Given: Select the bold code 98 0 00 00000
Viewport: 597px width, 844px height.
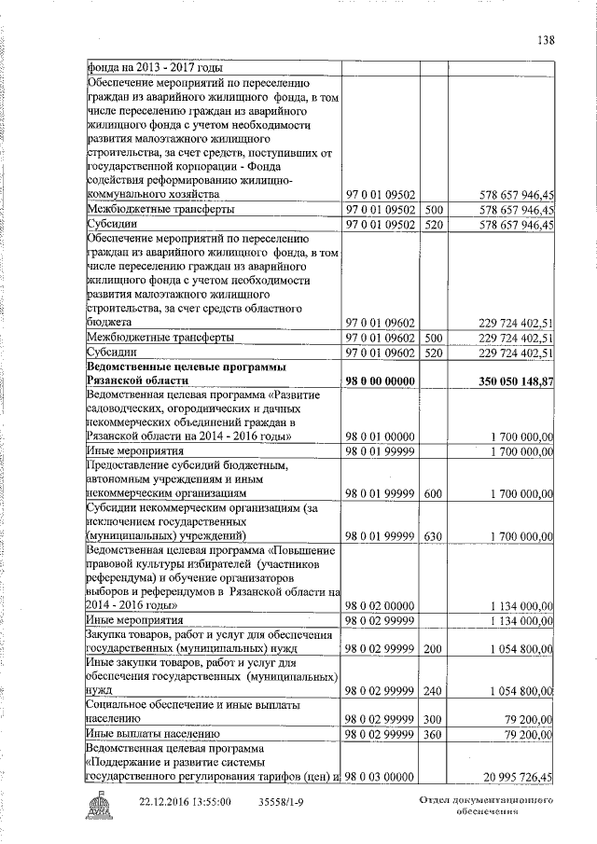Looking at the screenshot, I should (x=380, y=381).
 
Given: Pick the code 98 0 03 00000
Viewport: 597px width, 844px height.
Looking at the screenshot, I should (x=380, y=777).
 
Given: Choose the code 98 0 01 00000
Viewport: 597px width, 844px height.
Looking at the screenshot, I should (x=380, y=436).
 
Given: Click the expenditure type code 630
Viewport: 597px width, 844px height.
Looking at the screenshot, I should (x=433, y=536).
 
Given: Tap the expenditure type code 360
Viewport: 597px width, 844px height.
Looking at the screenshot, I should (x=433, y=735).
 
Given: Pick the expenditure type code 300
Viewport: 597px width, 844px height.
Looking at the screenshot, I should (x=433, y=719).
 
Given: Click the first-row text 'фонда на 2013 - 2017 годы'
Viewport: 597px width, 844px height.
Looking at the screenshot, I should (x=156, y=67).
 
